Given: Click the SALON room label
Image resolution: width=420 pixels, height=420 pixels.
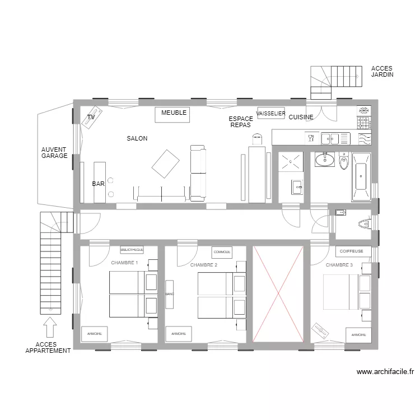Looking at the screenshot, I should [x=137, y=138].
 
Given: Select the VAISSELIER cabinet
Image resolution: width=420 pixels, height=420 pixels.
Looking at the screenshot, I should [x=270, y=113].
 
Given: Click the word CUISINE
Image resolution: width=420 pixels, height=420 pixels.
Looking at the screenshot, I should [x=301, y=118].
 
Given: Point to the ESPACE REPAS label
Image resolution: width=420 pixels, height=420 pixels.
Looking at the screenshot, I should [x=240, y=122].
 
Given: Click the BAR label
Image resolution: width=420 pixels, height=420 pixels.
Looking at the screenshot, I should [x=98, y=184].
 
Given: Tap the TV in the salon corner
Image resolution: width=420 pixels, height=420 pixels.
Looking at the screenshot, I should [x=92, y=118].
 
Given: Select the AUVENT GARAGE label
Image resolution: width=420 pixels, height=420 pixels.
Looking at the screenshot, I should [x=54, y=153].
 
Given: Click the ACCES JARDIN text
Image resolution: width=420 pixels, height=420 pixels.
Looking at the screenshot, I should [x=382, y=71].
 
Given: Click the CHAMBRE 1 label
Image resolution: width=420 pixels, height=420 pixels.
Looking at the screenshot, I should [x=124, y=263].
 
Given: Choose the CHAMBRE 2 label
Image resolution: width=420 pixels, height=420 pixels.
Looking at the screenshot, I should [x=203, y=265].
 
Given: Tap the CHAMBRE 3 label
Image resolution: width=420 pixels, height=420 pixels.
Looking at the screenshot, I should [x=339, y=265].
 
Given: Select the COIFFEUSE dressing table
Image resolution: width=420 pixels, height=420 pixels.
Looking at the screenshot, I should [x=352, y=251].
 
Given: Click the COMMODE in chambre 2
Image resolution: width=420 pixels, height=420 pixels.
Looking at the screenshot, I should [x=222, y=252].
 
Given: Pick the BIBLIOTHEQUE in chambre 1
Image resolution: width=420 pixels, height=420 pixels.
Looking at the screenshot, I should [x=132, y=249].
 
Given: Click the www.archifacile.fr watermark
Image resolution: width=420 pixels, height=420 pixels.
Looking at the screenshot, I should [x=385, y=371].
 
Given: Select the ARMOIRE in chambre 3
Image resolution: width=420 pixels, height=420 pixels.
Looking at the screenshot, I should [x=358, y=335].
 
